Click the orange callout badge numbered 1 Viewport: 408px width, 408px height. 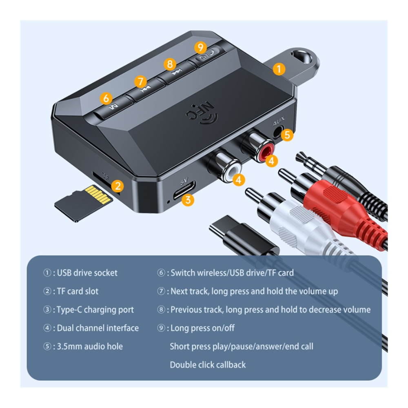pyautogui.click(x=279, y=69)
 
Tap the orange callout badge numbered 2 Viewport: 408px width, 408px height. pyautogui.click(x=118, y=186)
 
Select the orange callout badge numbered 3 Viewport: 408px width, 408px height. pyautogui.click(x=188, y=200)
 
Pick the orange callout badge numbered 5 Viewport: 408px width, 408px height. pyautogui.click(x=287, y=135)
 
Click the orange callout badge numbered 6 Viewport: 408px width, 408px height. pyautogui.click(x=106, y=98)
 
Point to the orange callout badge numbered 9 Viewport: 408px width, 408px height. pyautogui.click(x=201, y=47)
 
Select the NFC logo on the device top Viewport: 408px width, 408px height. pyautogui.click(x=202, y=114)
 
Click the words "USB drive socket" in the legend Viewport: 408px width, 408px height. pyautogui.click(x=87, y=273)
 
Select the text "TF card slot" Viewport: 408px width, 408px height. pyautogui.click(x=78, y=291)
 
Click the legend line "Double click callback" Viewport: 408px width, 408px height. pyautogui.click(x=208, y=365)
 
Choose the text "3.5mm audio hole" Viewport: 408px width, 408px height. pyautogui.click(x=90, y=346)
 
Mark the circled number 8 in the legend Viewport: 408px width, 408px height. pyautogui.click(x=161, y=309)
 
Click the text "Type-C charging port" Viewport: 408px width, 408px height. pyautogui.click(x=95, y=310)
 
